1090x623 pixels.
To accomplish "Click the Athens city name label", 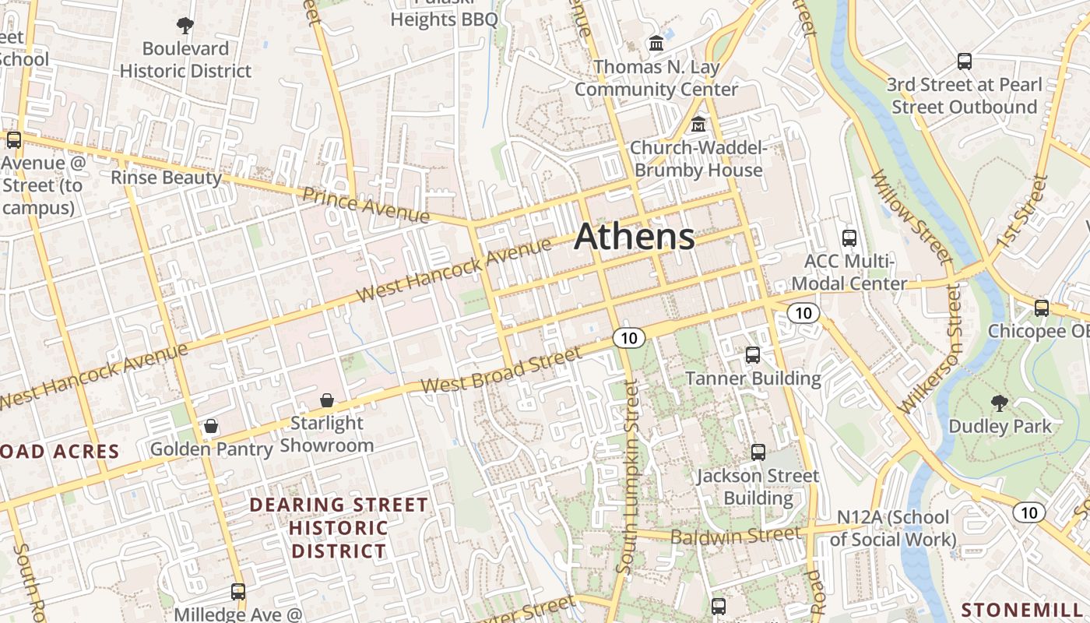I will (x=634, y=237).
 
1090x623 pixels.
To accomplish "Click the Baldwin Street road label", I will (x=735, y=536).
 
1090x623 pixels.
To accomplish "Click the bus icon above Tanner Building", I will (x=752, y=355).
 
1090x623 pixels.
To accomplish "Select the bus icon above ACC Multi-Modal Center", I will (x=849, y=238).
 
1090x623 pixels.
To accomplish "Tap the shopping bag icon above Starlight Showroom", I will (x=327, y=400).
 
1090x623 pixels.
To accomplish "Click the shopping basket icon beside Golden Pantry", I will (x=211, y=426).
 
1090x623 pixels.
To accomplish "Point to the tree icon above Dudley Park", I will (x=1000, y=403).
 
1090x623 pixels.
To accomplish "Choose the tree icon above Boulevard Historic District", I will (x=185, y=26).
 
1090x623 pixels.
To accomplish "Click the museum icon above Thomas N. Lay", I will (x=656, y=44).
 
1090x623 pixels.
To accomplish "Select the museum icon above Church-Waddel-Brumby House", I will (x=698, y=125).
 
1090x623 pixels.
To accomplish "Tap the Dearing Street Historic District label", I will (x=338, y=528).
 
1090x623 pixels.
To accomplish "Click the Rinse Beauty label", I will (x=166, y=178).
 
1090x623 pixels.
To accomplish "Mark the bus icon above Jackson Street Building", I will (x=758, y=452).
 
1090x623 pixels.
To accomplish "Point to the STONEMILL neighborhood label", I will (x=1025, y=609).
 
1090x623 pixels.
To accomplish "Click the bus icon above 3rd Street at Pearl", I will (x=964, y=61).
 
